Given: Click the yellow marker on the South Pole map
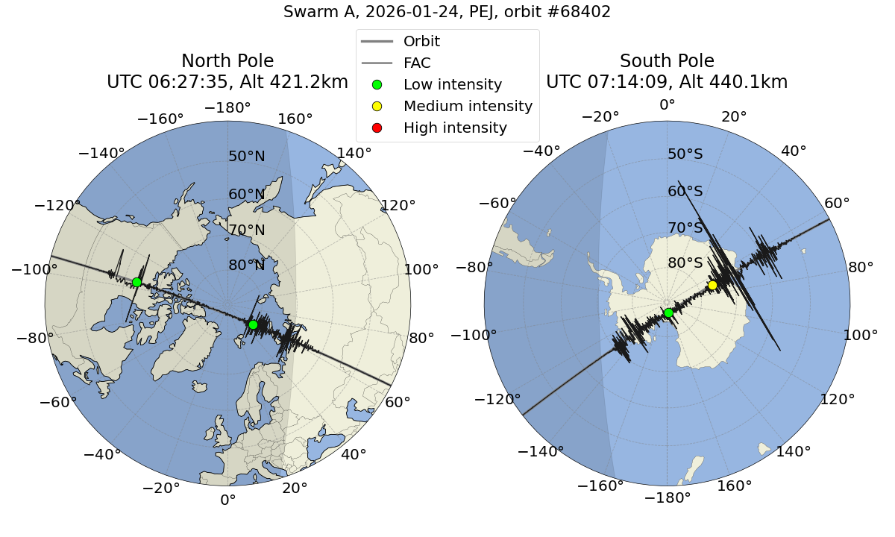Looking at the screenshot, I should click(712, 285).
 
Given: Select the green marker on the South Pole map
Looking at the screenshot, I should click(668, 313).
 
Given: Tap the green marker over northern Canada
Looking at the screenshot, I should click(136, 282).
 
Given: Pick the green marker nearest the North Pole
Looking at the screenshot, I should click(253, 324).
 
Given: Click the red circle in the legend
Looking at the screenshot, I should click(377, 128).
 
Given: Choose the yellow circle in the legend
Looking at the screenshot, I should click(377, 106).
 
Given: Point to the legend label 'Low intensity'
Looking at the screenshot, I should click(453, 84).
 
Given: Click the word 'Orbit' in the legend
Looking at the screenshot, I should click(421, 41).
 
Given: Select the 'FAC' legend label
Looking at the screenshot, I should click(417, 63).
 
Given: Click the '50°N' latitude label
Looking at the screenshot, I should click(246, 157).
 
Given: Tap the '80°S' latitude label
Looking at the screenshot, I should click(685, 263).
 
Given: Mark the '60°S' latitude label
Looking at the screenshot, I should click(685, 191).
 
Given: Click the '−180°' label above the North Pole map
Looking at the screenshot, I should click(227, 108).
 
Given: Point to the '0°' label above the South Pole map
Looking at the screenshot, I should click(667, 105).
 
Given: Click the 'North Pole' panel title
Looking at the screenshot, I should click(227, 61).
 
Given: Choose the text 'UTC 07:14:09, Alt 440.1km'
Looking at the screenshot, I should click(667, 82).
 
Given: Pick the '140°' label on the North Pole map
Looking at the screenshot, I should click(354, 154).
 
